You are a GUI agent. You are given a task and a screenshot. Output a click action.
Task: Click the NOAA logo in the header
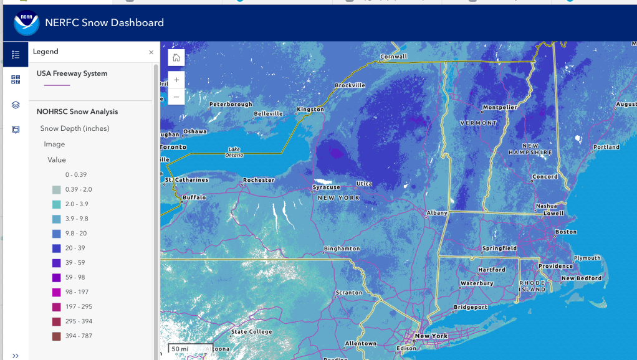[x=26, y=23]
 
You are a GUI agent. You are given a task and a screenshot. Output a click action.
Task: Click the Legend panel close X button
[x=151, y=52]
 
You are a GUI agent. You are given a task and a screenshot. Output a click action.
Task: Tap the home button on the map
[x=176, y=58]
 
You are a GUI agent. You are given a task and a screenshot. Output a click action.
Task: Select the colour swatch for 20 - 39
[x=57, y=248]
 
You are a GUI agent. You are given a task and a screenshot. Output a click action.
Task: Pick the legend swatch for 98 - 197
[x=57, y=292]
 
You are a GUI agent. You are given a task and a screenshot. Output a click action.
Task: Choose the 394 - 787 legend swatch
[x=57, y=336]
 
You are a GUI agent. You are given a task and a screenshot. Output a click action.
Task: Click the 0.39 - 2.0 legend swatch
[x=57, y=189]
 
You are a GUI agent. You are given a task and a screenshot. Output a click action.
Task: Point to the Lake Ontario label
[x=234, y=152]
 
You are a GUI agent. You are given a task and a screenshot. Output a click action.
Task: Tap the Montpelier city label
[x=500, y=107]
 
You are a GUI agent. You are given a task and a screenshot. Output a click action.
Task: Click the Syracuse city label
[x=327, y=187]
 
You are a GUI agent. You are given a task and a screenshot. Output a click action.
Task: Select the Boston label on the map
[x=566, y=232]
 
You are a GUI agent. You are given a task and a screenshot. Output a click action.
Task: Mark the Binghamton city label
[x=342, y=249]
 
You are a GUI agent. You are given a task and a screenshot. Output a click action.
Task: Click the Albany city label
[x=437, y=213]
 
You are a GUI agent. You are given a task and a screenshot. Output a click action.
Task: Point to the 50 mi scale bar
[x=190, y=349]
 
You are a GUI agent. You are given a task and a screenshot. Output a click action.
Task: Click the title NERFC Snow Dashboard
[x=104, y=23]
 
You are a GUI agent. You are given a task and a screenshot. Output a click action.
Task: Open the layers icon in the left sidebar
[x=16, y=105]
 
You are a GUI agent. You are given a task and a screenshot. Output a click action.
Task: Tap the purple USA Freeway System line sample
[x=53, y=85]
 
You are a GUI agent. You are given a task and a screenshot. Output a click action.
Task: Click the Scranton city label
[x=348, y=292]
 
